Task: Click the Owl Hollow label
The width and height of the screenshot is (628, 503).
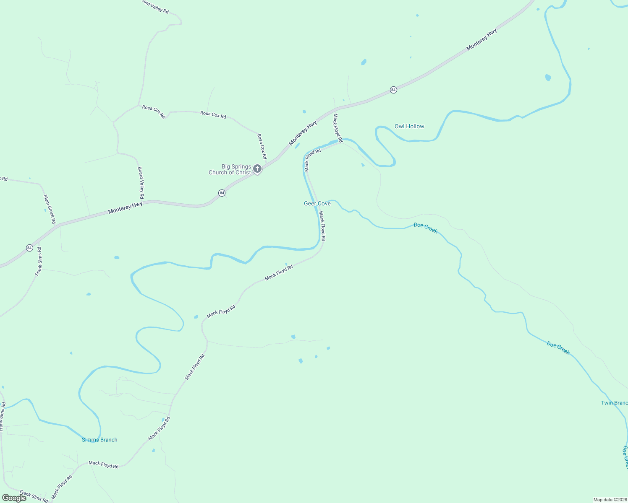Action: click(409, 126)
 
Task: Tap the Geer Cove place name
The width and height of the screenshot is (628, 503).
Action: click(317, 203)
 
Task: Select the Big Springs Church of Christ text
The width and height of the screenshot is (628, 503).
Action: click(230, 169)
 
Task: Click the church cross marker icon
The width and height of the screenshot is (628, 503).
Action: click(257, 169)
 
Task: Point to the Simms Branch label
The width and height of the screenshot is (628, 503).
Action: click(99, 440)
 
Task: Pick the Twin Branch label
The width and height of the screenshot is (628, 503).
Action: click(614, 403)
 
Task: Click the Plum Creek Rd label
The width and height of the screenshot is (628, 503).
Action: click(50, 209)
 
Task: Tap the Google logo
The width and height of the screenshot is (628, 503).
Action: click(14, 498)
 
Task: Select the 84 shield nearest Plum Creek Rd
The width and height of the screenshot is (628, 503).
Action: click(29, 248)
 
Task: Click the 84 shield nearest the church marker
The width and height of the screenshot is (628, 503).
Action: click(222, 193)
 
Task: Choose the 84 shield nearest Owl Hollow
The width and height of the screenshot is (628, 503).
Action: click(393, 90)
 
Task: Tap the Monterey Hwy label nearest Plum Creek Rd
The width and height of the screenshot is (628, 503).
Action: click(125, 208)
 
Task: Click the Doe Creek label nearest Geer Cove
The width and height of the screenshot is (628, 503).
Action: click(425, 228)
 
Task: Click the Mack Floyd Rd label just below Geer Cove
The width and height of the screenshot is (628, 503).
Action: click(322, 226)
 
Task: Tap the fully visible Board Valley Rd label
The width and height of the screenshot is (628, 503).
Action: click(141, 183)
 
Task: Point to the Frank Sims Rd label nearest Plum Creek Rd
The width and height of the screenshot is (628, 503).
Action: click(39, 261)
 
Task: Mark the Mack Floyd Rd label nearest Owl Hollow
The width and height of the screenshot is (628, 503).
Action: click(338, 128)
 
